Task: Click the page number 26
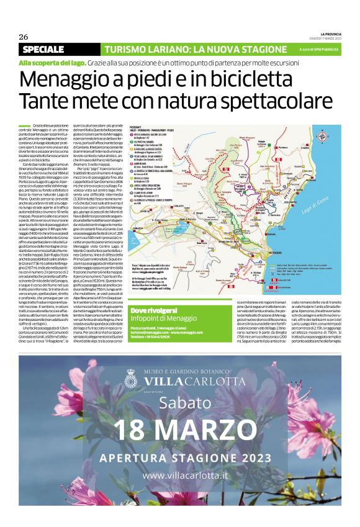[24, 36]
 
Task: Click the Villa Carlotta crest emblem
[131, 379]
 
